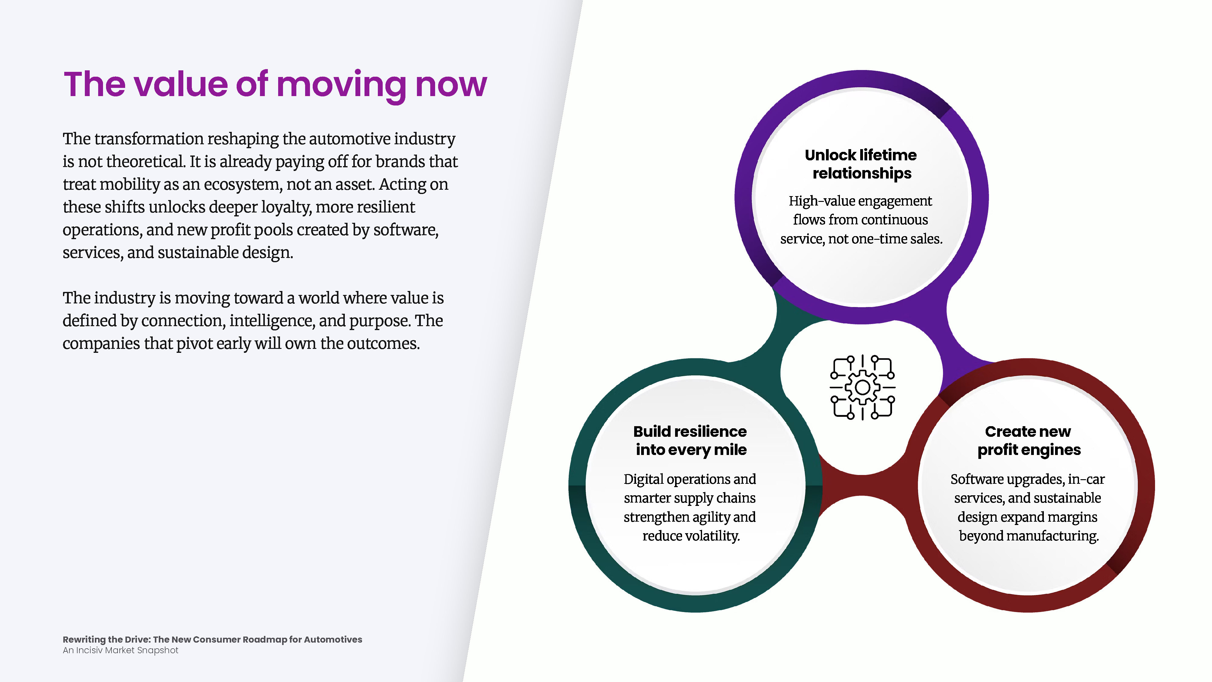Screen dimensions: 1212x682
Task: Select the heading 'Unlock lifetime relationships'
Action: click(861, 164)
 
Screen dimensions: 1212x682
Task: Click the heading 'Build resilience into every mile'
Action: click(690, 440)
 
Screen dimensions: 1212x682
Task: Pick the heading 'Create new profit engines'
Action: click(1028, 440)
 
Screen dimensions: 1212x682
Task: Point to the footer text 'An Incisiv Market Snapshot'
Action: click(121, 650)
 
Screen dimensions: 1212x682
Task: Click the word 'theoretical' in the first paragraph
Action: click(146, 162)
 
